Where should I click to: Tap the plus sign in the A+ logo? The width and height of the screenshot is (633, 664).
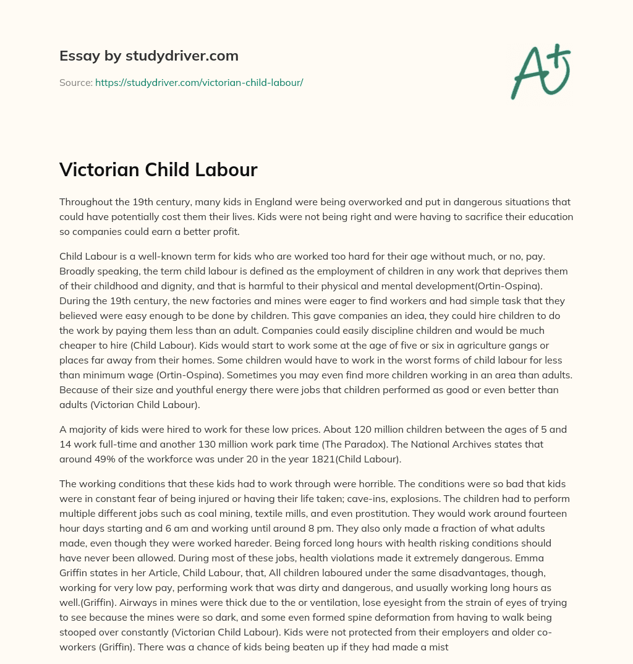(559, 55)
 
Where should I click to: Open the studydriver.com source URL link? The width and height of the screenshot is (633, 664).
(198, 82)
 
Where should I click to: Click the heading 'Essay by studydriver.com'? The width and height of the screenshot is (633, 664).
(148, 56)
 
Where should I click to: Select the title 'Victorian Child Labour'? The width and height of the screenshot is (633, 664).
(158, 170)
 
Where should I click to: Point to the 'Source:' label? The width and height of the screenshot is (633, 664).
(75, 82)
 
